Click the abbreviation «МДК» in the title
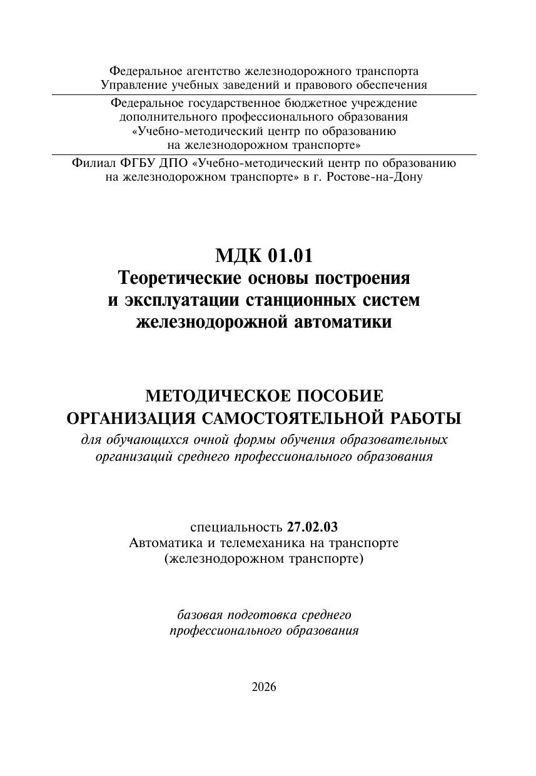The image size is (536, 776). pyautogui.click(x=238, y=256)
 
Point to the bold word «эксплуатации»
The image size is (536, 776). pyautogui.click(x=181, y=300)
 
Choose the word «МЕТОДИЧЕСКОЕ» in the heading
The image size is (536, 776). pyautogui.click(x=210, y=396)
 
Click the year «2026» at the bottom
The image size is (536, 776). pyautogui.click(x=263, y=687)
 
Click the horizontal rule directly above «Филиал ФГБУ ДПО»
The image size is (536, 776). pyautogui.click(x=263, y=154)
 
